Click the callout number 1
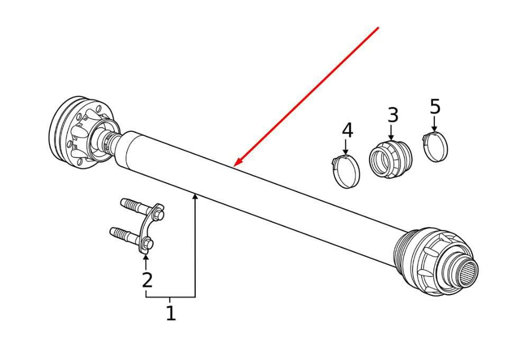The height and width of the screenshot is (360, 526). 171,313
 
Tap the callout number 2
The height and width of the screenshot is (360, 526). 147,280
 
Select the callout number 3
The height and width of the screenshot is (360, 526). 393,115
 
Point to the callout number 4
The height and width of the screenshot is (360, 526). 347,130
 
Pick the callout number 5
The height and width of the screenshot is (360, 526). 435,107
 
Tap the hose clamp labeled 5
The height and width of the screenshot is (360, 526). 435,147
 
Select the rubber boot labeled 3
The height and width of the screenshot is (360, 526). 391,159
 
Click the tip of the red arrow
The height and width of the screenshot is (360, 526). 234,166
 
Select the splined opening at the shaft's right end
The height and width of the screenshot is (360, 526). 468,272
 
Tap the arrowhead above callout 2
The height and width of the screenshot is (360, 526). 146,258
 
